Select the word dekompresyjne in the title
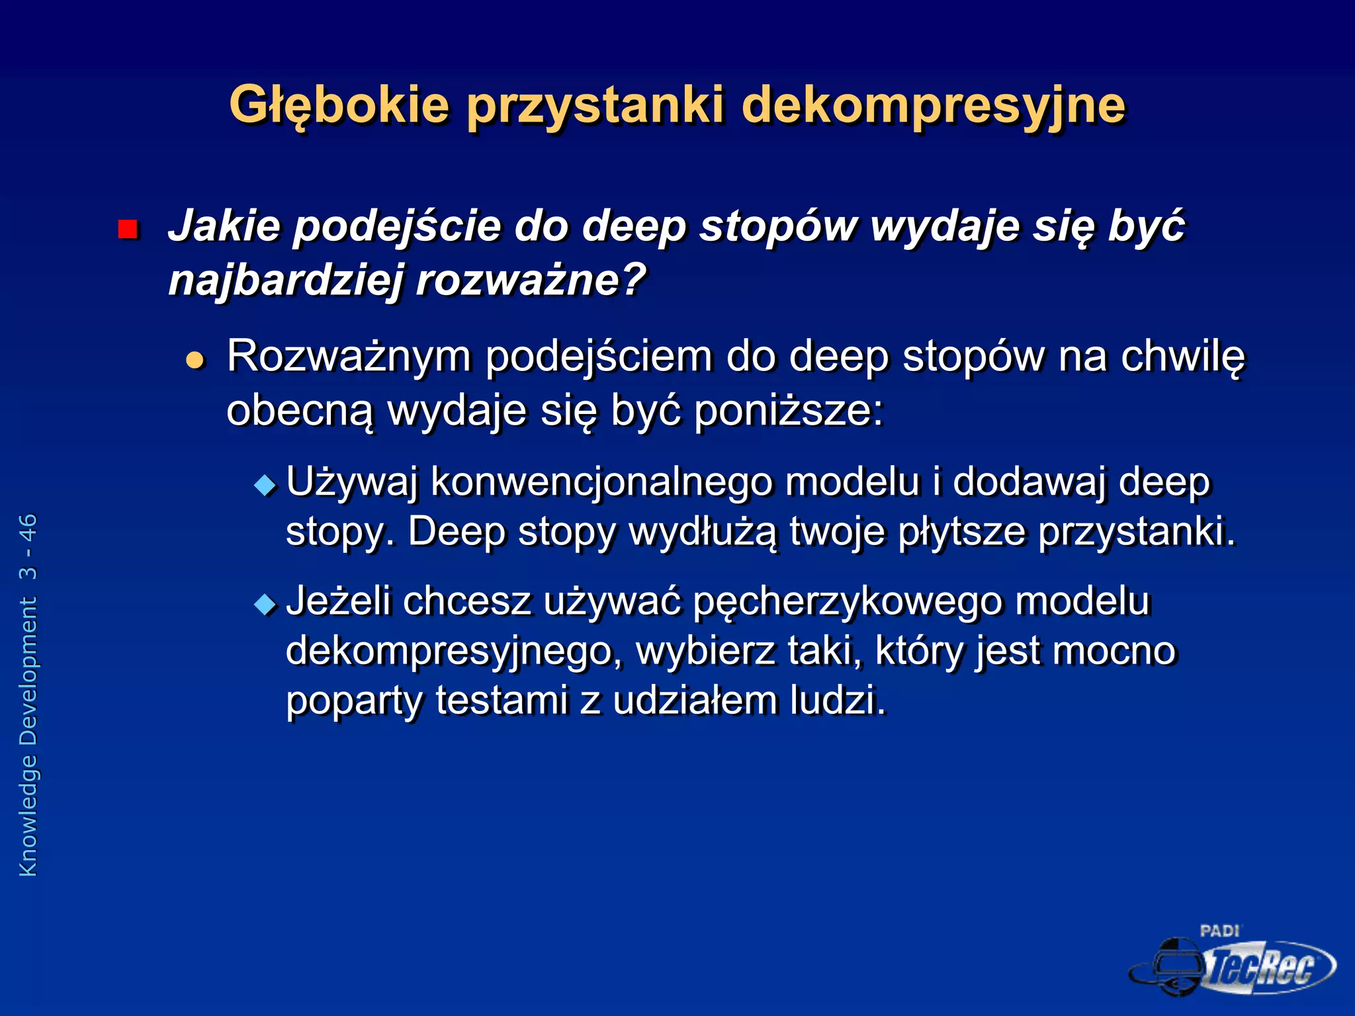(x=933, y=106)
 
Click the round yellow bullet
(x=195, y=360)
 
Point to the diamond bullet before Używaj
(x=265, y=486)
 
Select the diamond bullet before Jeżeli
(x=265, y=604)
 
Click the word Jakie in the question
(x=224, y=226)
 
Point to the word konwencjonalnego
(x=601, y=482)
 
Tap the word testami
(x=502, y=700)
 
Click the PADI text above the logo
(x=1219, y=931)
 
